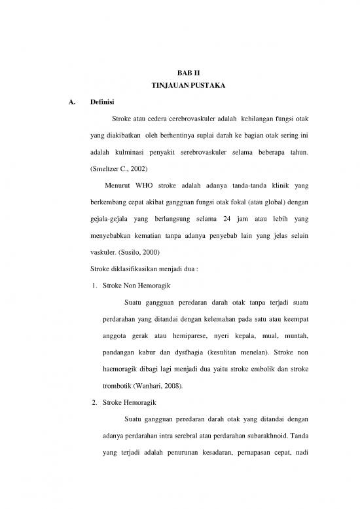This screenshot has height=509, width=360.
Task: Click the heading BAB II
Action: click(179, 75)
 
